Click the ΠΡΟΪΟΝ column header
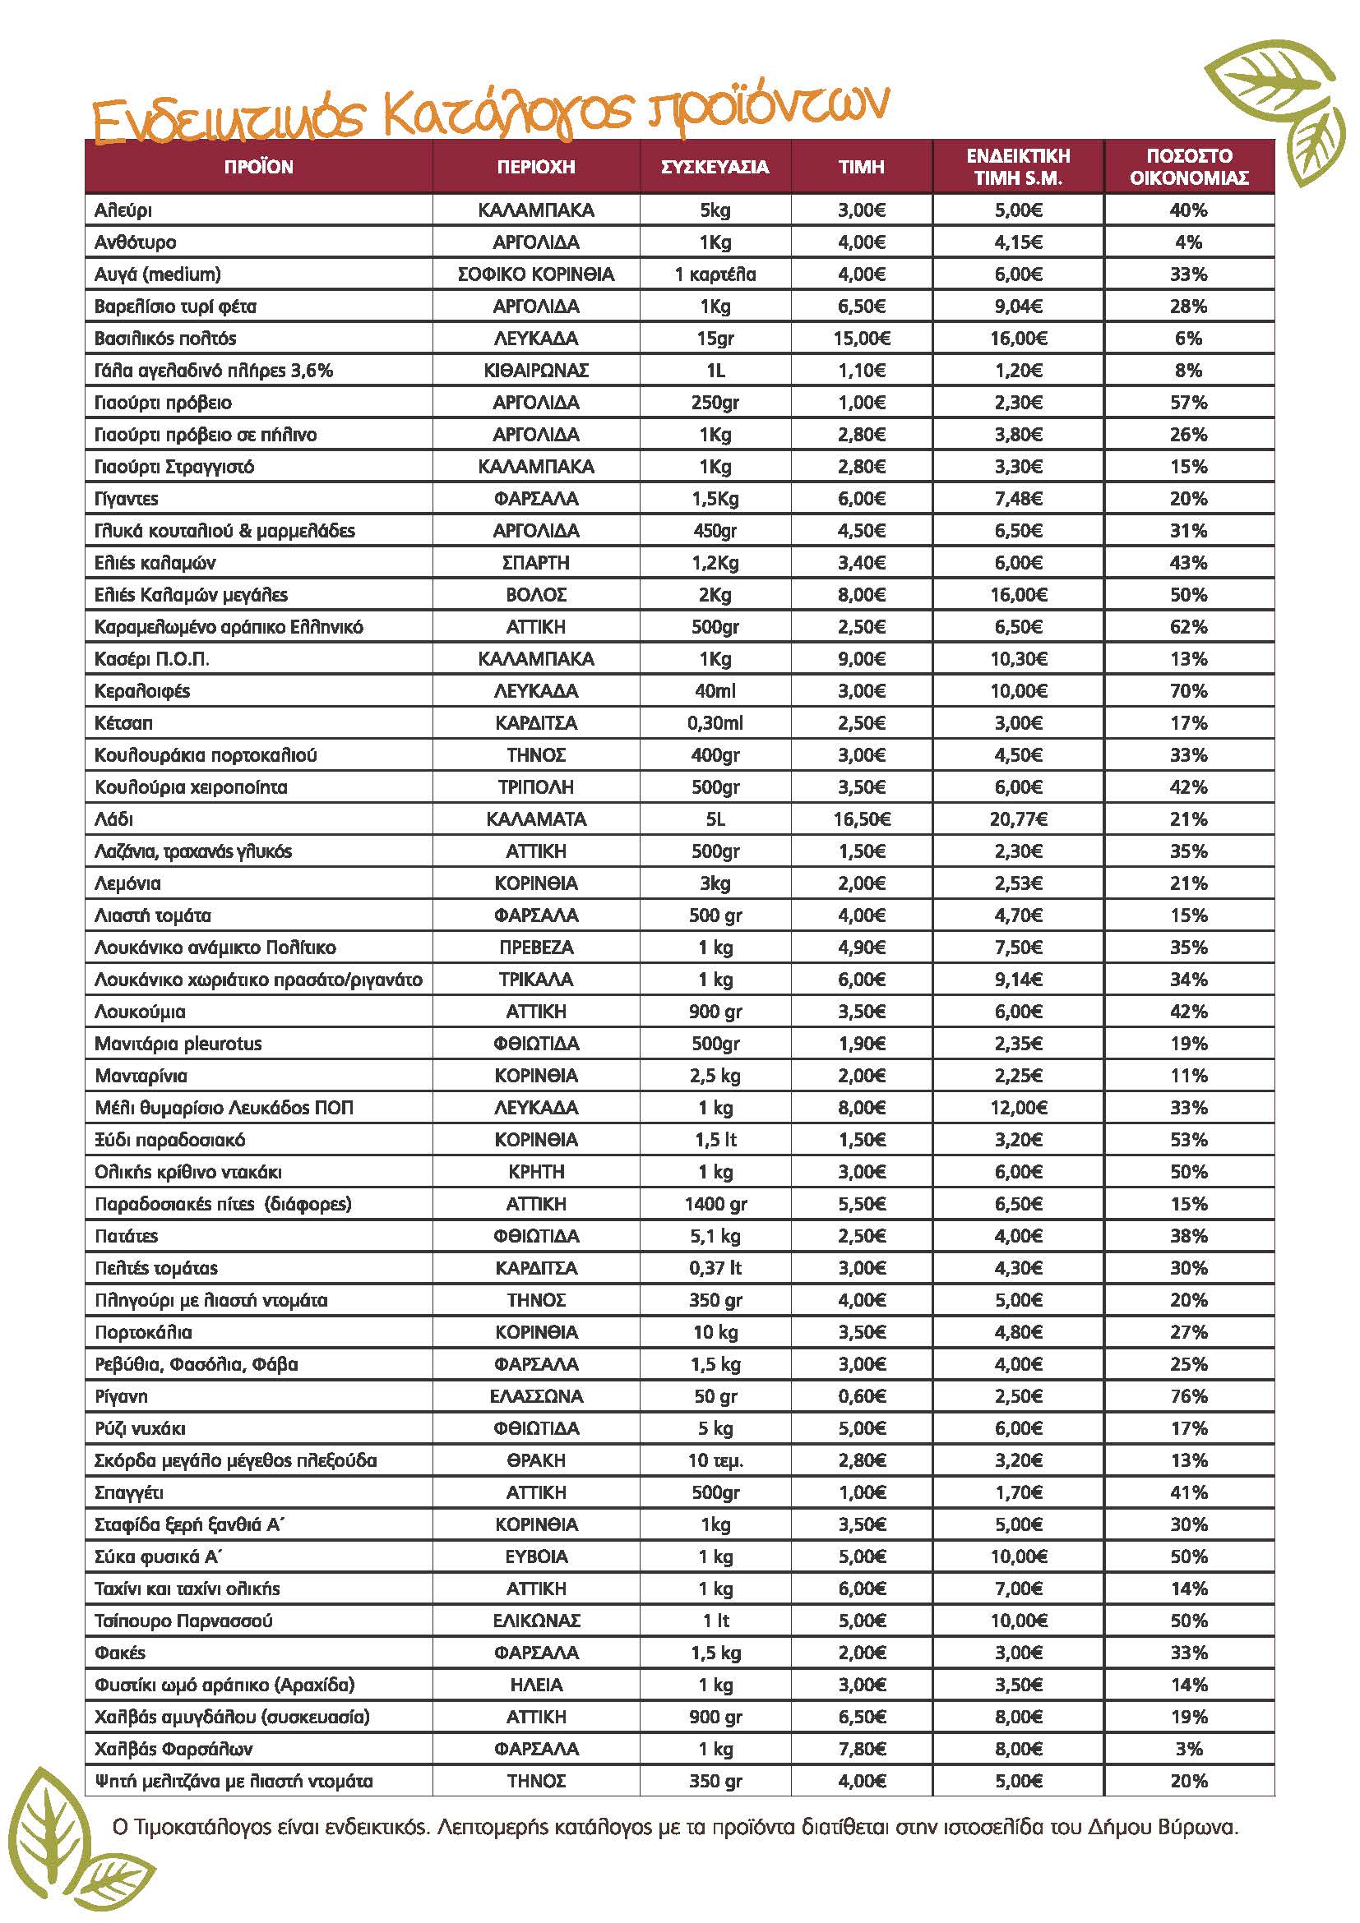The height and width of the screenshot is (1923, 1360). tap(258, 168)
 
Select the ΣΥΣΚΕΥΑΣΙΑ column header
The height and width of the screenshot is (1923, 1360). tap(715, 168)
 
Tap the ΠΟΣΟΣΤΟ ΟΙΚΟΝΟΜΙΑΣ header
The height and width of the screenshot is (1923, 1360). tap(1188, 167)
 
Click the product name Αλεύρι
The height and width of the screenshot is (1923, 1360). tap(123, 210)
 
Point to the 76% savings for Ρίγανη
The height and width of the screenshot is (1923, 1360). tap(1188, 1396)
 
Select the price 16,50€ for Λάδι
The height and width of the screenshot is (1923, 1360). tap(862, 819)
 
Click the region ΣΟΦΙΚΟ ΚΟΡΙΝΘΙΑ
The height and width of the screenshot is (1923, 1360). tap(535, 274)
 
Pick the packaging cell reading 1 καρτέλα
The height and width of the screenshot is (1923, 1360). tap(715, 274)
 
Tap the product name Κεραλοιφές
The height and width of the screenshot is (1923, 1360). tap(142, 691)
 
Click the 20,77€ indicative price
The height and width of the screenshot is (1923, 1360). tap(1018, 819)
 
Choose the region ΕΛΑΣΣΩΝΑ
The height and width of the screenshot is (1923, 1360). tap(535, 1396)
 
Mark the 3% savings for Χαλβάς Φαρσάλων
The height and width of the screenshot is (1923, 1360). tap(1188, 1749)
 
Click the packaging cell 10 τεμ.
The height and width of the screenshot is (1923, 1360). tap(715, 1460)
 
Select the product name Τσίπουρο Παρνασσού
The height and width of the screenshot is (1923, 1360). tap(183, 1621)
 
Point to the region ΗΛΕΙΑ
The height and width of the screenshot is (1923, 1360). tap(535, 1686)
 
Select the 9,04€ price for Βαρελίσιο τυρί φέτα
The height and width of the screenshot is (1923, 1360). tap(1018, 307)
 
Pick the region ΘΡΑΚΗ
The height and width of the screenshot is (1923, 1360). tap(535, 1460)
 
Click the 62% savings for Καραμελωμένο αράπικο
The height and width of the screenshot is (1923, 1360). tap(1188, 627)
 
